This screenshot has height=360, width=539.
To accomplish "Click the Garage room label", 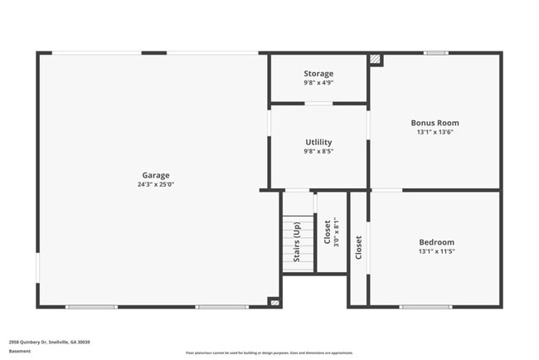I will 156,175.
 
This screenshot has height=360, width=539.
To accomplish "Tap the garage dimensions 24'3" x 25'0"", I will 156,184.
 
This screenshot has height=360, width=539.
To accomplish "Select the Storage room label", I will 318,74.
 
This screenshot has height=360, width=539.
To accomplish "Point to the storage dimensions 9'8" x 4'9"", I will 318,83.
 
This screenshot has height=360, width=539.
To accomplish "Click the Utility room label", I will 318,143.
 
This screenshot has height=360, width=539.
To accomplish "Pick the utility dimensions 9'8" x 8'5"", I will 318,152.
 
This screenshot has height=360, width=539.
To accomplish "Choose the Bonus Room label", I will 435,123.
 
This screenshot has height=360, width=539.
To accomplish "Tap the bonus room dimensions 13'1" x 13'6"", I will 435,132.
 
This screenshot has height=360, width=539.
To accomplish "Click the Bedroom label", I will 436,242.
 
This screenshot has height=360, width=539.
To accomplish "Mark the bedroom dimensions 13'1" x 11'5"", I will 436,251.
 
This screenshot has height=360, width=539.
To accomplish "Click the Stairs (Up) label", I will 297,243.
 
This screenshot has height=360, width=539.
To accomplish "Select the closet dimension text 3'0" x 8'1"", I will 336,233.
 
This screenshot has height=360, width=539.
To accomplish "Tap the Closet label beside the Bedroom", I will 358,247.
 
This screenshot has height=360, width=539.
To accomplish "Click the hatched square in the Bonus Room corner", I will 376,60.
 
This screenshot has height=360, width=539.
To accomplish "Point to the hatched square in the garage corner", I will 274,302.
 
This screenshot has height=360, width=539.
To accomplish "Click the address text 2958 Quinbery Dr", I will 50,342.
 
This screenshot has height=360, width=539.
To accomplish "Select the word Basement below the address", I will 20,351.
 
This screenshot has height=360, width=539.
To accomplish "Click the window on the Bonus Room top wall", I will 435,53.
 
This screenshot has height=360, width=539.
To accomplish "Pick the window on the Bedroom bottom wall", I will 425,307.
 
